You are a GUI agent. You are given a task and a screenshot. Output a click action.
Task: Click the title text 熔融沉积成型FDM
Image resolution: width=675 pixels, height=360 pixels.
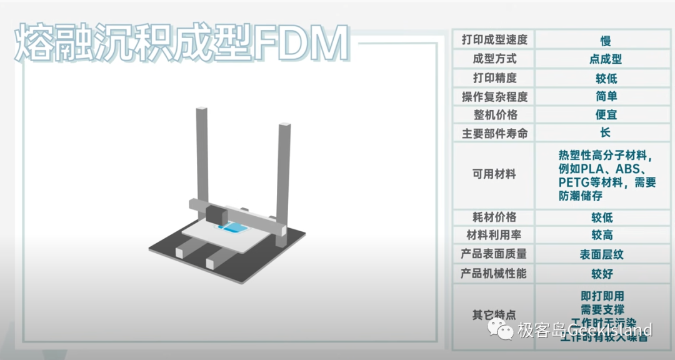(181, 44)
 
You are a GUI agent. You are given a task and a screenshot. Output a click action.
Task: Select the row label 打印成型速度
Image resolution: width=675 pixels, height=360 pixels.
(494, 40)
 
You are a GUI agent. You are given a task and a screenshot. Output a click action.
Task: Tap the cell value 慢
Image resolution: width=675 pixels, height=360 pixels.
(605, 41)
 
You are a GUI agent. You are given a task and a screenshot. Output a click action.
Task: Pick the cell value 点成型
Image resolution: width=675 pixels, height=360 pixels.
(605, 59)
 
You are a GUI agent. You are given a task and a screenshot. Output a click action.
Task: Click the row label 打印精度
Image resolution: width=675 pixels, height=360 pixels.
(494, 78)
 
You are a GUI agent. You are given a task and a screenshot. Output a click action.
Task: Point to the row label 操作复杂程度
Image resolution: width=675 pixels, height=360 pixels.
(494, 97)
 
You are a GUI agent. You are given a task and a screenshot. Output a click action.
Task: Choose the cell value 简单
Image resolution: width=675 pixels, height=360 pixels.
(605, 97)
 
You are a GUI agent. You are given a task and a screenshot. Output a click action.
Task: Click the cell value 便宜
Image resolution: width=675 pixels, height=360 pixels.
(605, 115)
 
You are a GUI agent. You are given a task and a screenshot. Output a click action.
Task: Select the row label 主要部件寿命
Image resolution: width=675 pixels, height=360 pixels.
(494, 133)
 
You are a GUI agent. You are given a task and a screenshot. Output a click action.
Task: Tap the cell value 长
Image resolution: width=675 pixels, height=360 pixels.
(605, 133)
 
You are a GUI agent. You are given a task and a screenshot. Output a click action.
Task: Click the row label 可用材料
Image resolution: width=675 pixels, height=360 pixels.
(494, 174)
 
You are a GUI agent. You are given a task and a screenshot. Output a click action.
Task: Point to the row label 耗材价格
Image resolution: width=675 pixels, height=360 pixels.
(494, 217)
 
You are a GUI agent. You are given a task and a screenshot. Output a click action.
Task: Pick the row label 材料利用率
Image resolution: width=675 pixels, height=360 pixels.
(494, 235)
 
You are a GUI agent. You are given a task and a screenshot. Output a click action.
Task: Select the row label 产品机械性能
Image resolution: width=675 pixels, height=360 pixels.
(494, 273)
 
